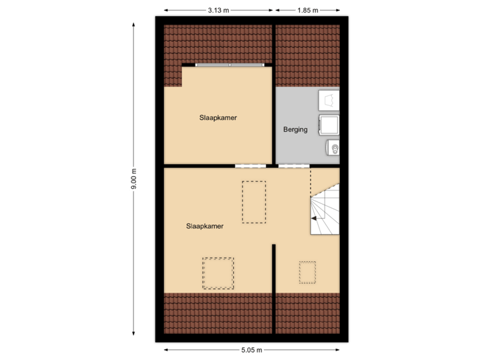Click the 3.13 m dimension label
218,10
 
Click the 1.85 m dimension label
307,10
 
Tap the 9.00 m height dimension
134,179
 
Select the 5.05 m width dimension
253,349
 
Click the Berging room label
295,130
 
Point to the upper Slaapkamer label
218,117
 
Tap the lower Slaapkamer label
205,226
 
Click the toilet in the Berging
332,148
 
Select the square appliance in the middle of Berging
329,125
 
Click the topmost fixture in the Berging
329,100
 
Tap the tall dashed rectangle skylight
253,202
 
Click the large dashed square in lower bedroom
219,273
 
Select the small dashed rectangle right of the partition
307,272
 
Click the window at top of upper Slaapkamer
231,65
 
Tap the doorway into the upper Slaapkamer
250,165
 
